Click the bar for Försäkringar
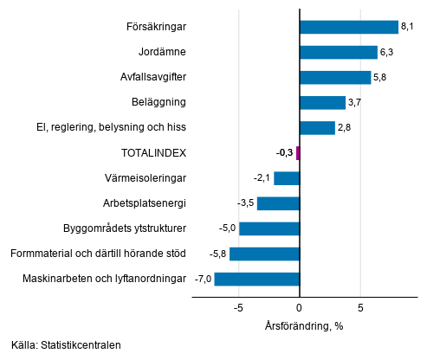click(348, 27)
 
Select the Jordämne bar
click(338, 52)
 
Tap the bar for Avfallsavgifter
click(334, 77)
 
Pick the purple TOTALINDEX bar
click(297, 153)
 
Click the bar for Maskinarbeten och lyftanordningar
click(256, 279)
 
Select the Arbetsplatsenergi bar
click(278, 203)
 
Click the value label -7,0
click(204, 279)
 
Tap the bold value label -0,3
click(284, 153)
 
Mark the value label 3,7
click(354, 103)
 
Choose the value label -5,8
click(218, 254)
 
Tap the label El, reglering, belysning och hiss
click(112, 128)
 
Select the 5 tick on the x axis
click(359, 306)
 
